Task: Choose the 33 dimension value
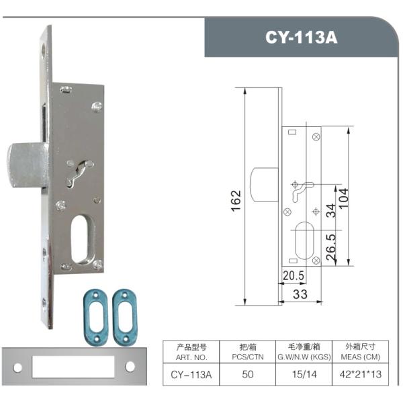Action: [299, 294]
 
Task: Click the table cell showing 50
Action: [248, 374]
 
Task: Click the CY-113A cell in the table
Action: [191, 374]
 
